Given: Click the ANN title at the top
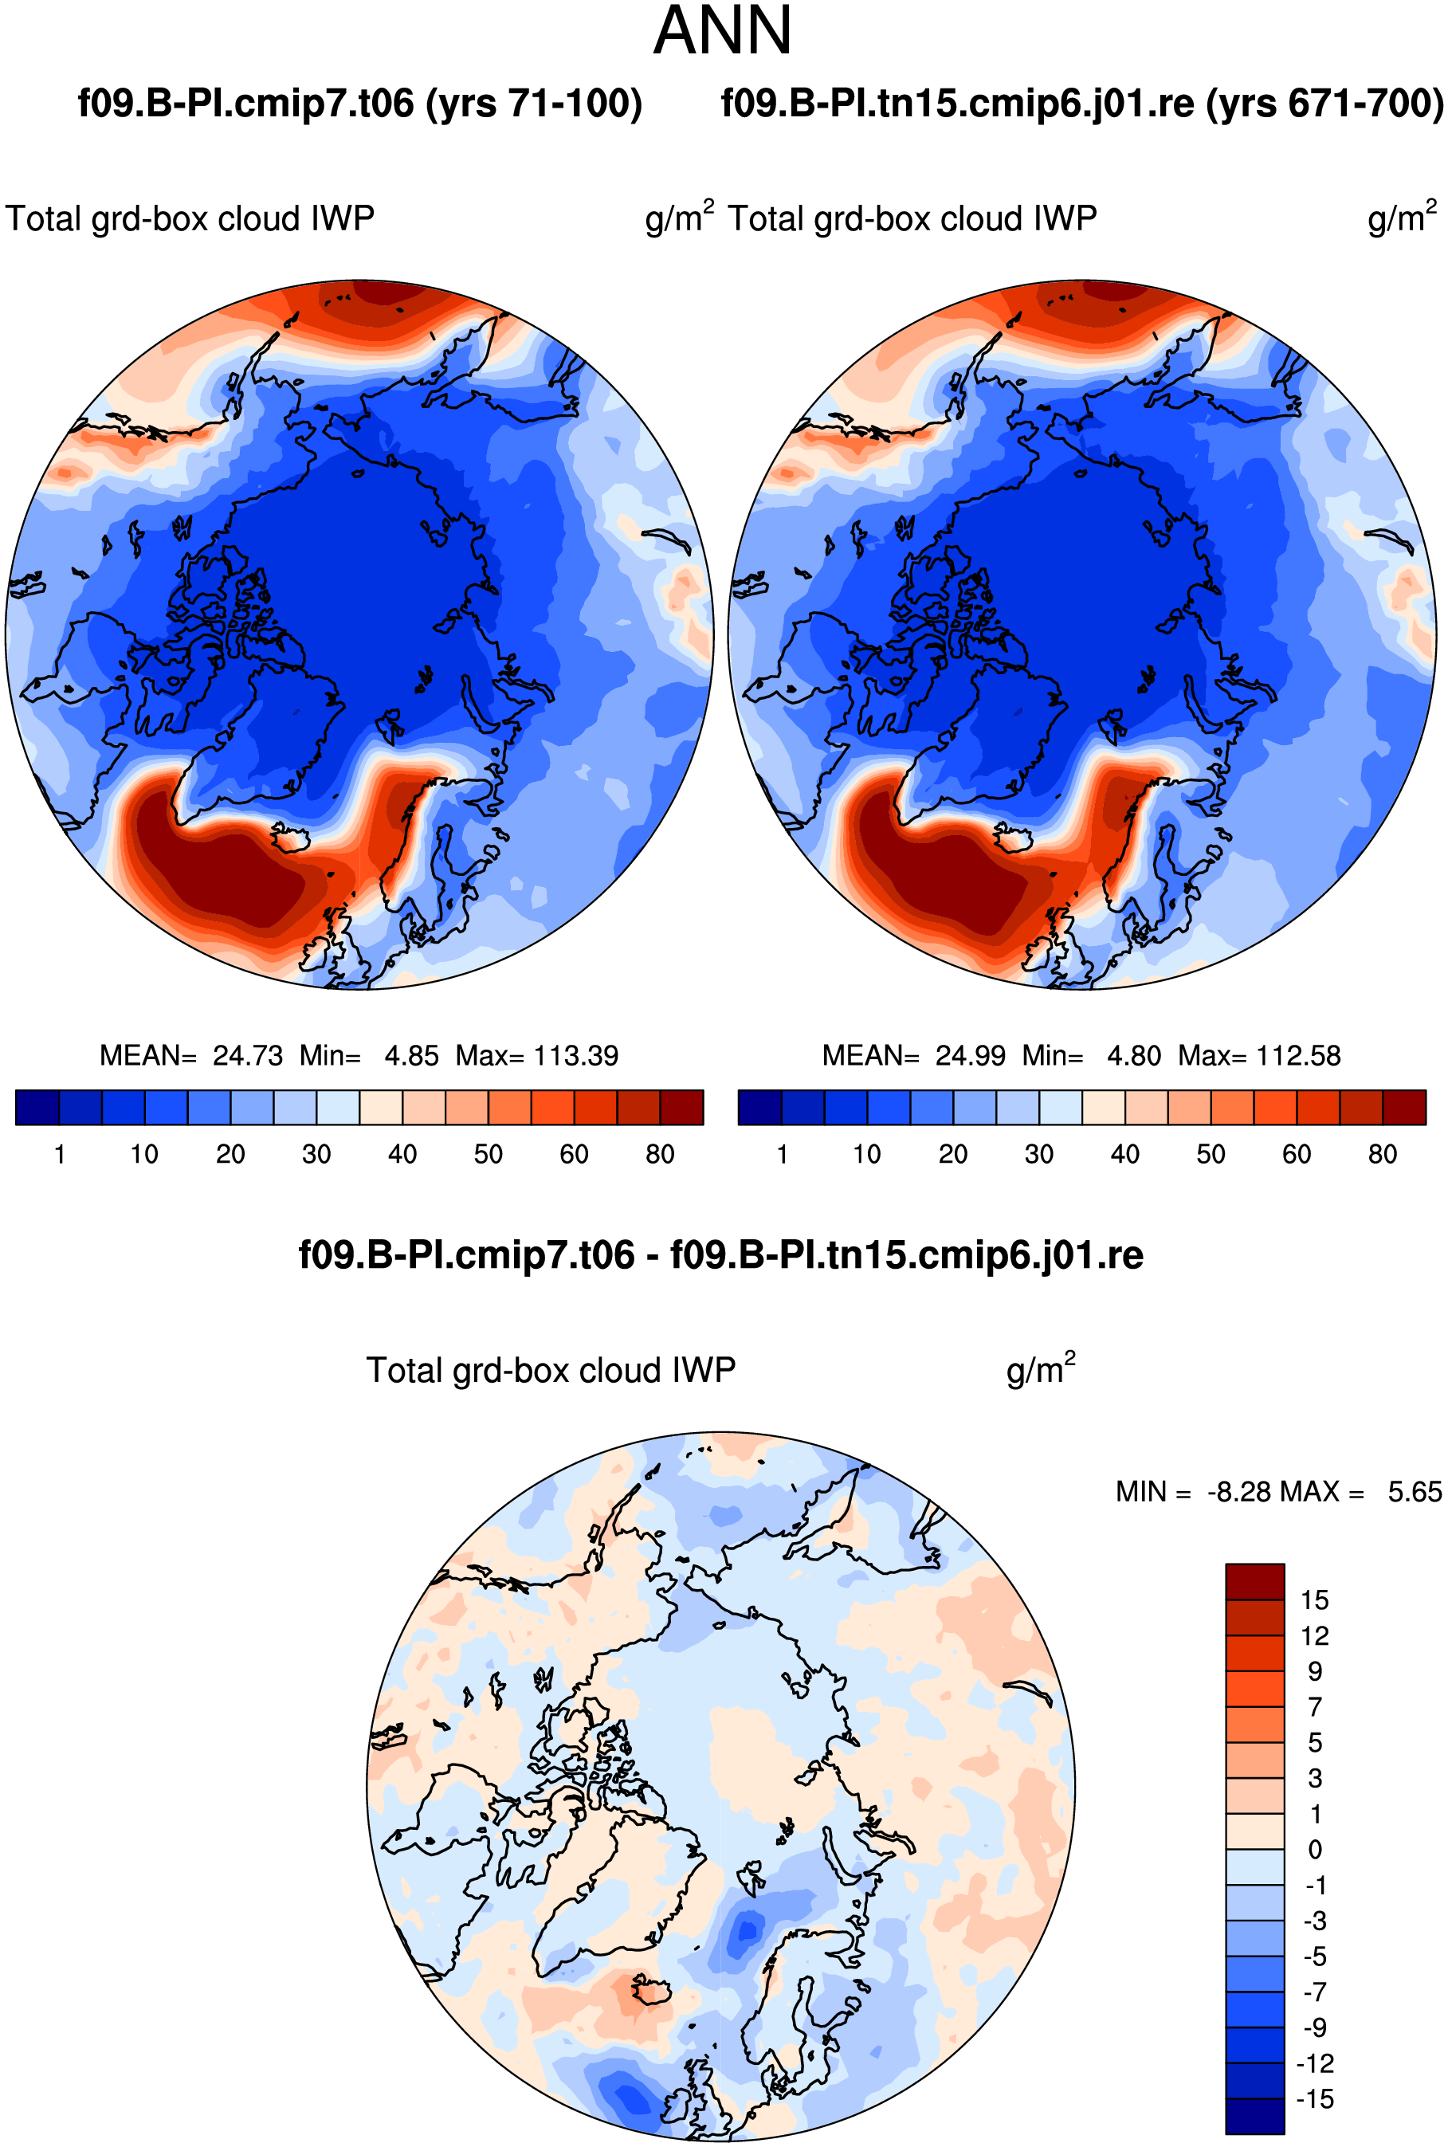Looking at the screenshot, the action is coord(722,30).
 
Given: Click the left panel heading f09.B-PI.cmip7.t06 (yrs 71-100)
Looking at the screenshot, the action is coord(360,104).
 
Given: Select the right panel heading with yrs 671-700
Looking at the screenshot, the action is coord(1082,104).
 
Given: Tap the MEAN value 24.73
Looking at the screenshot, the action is coord(248,1055).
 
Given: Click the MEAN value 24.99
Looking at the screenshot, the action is coord(970,1055).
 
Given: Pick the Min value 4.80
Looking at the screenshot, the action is coord(1134,1055).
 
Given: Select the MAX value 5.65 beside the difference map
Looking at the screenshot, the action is coord(1415,1491).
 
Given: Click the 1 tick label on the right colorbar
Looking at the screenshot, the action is coord(783,1154).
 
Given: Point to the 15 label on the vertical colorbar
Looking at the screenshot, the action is coord(1315,1599).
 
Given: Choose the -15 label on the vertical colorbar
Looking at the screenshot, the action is coord(1316,2099).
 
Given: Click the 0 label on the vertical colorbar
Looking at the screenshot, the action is coord(1316,1850).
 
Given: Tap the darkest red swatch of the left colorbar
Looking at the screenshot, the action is coord(681,1107).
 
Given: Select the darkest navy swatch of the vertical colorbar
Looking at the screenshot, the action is coord(1255,2116).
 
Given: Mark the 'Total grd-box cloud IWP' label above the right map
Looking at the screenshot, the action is coord(912,219).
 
